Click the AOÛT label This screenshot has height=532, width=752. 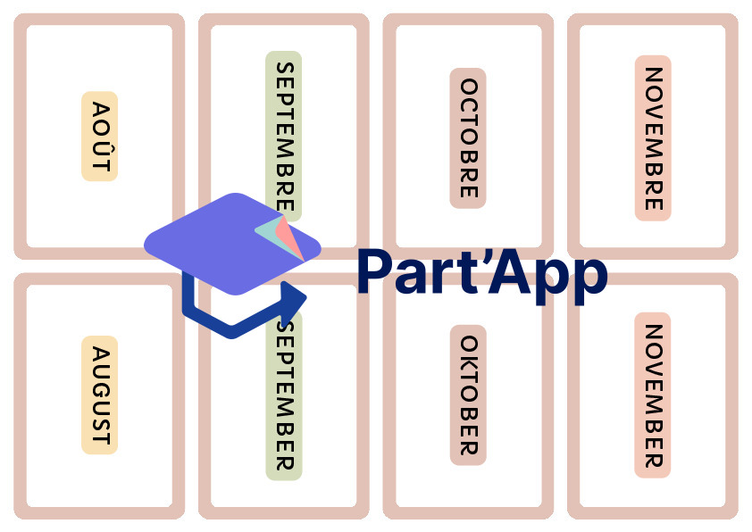(x=100, y=136)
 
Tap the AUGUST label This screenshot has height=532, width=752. (x=100, y=395)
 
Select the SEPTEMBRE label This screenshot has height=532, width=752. (x=284, y=136)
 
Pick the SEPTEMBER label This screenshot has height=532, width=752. (x=284, y=396)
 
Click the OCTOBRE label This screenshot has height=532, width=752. (x=468, y=138)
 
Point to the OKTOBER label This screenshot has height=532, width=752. (x=468, y=395)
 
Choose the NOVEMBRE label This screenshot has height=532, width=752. (x=653, y=138)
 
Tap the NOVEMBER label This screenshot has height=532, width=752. (x=653, y=395)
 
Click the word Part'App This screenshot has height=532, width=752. (x=482, y=275)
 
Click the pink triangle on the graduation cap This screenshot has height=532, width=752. (x=290, y=237)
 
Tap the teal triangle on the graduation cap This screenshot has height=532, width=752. (x=270, y=233)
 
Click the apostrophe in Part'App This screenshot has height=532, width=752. (x=482, y=258)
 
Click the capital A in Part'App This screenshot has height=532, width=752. (x=508, y=271)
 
